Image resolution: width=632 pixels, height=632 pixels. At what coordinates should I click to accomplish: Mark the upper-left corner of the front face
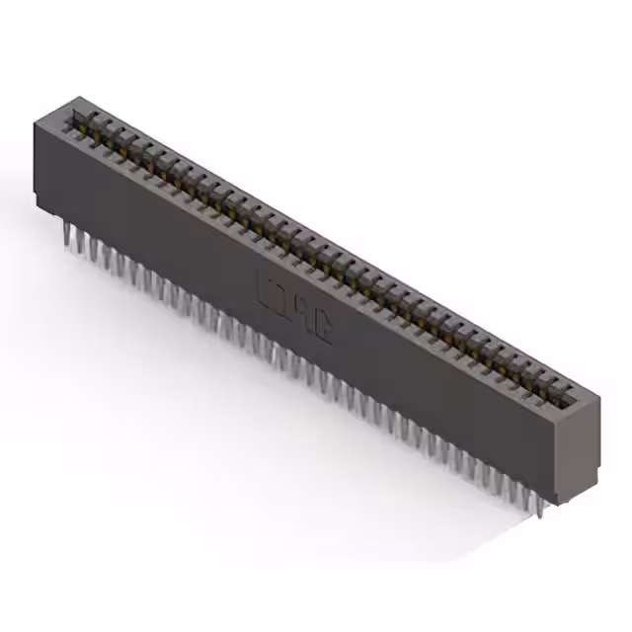(x=35, y=121)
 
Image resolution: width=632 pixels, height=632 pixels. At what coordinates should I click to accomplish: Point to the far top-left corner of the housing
(x=78, y=97)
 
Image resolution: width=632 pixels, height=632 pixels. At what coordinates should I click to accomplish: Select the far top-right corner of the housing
(x=599, y=397)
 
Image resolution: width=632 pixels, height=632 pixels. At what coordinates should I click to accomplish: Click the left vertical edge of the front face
(x=36, y=163)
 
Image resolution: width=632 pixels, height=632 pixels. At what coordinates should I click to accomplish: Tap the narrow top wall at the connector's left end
(x=59, y=110)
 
